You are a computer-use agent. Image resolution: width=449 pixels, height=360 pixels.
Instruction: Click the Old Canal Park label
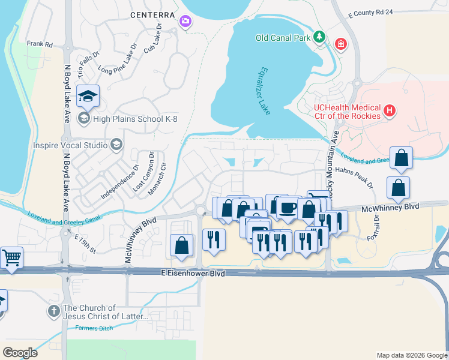click(283, 38)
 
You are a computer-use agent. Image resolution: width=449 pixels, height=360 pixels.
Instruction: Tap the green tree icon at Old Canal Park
click(321, 37)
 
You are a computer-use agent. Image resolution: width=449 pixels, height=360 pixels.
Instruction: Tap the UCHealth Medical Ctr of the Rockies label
click(348, 111)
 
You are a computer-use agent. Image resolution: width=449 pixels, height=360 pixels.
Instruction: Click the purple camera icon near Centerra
click(185, 22)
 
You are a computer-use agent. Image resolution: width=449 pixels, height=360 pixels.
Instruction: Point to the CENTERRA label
click(152, 14)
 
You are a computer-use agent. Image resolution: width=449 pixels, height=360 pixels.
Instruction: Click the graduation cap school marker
click(88, 95)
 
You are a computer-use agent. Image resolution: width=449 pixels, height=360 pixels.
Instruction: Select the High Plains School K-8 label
click(128, 118)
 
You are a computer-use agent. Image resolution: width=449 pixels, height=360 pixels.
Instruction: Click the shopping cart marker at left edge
click(11, 257)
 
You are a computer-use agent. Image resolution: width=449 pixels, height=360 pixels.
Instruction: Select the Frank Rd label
click(40, 44)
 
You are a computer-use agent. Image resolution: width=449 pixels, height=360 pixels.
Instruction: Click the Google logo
click(20, 353)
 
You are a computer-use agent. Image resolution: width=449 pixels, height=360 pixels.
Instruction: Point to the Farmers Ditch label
click(94, 328)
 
